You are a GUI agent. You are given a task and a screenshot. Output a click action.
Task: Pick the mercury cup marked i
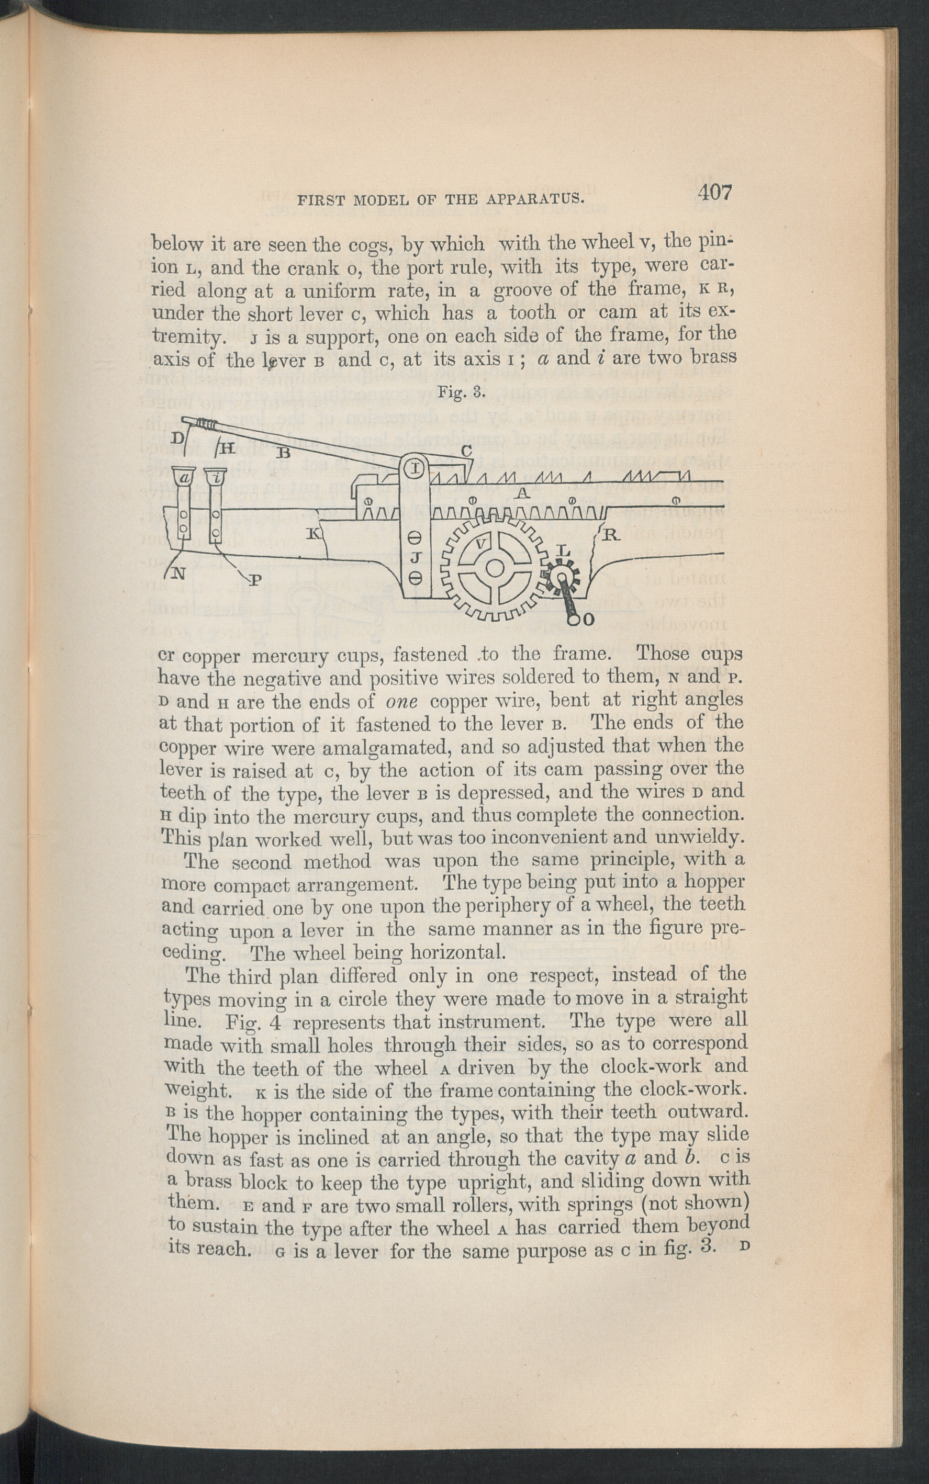click(x=215, y=477)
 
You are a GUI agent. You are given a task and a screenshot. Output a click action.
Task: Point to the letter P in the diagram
click(x=254, y=579)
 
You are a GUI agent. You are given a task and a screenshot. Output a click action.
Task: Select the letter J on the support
click(x=415, y=558)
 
